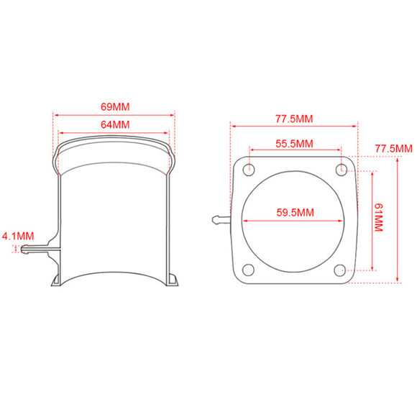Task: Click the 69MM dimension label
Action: (x=114, y=106)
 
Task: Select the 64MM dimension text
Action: (x=114, y=124)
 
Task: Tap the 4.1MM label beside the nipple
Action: (x=18, y=235)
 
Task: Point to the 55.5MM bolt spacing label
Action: (x=295, y=143)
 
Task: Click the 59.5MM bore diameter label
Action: (x=295, y=212)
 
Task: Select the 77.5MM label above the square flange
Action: (x=294, y=118)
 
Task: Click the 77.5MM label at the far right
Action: (x=393, y=149)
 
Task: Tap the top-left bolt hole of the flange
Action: (x=248, y=170)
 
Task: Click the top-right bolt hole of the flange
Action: (x=342, y=170)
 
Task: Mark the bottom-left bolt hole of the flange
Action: (x=248, y=270)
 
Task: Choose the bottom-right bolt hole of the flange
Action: (x=342, y=270)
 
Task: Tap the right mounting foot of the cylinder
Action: (x=173, y=280)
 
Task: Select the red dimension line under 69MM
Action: (x=114, y=114)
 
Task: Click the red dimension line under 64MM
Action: (x=114, y=132)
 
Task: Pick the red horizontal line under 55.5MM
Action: (x=295, y=151)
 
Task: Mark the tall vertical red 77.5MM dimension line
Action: (x=398, y=219)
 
